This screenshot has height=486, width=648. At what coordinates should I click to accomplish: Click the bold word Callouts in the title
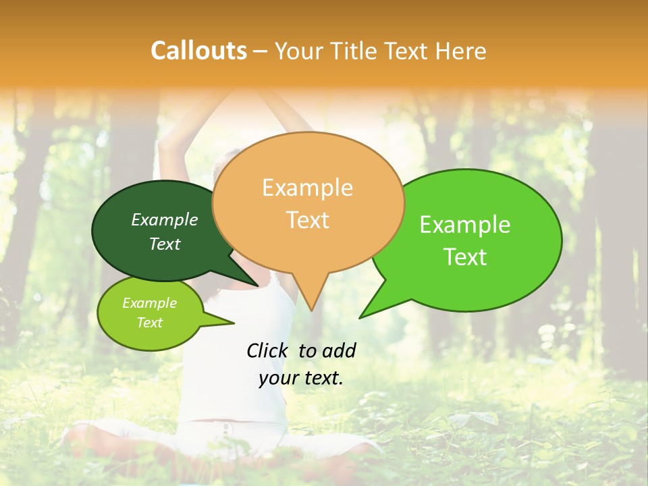click(198, 51)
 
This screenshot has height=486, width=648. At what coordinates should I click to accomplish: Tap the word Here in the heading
click(461, 51)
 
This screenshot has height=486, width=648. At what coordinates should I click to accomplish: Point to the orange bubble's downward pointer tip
click(311, 310)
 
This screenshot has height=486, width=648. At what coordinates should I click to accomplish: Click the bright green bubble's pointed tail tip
click(360, 317)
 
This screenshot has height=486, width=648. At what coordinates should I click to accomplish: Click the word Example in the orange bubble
click(307, 188)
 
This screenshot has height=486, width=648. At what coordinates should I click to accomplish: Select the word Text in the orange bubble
click(307, 220)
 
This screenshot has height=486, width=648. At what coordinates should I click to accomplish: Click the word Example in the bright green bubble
click(465, 225)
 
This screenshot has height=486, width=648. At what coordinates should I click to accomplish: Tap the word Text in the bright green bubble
click(465, 257)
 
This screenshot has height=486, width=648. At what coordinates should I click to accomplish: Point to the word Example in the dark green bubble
click(165, 219)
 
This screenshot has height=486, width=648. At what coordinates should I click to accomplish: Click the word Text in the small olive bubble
click(150, 323)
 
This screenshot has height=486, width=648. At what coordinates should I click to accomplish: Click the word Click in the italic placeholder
click(268, 350)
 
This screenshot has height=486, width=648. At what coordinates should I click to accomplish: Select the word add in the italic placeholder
click(339, 350)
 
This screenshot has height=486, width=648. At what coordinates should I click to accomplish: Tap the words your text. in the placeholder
click(301, 378)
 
